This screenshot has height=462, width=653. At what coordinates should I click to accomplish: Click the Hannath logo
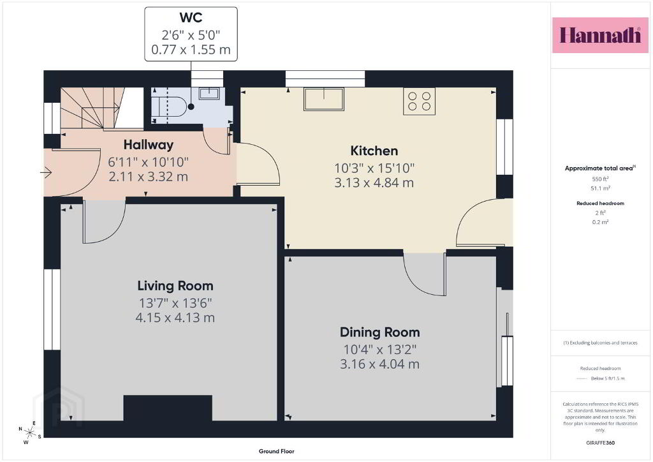click(600, 35)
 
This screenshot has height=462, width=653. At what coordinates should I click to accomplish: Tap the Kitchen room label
click(374, 151)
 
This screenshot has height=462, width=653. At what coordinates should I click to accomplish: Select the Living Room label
click(175, 286)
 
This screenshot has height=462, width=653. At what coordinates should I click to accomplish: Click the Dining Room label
click(380, 332)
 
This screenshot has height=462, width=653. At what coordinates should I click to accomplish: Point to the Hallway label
click(148, 145)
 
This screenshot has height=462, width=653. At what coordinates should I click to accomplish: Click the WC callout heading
click(191, 17)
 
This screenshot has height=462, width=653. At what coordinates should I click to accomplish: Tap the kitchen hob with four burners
click(419, 101)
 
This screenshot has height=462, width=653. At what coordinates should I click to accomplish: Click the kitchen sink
click(324, 99)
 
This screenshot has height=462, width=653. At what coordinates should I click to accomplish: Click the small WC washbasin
click(209, 93)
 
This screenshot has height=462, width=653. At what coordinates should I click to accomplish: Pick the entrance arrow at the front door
click(45, 172)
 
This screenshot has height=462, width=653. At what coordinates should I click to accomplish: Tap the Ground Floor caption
click(277, 451)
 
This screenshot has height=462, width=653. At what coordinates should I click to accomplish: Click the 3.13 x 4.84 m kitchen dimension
click(374, 183)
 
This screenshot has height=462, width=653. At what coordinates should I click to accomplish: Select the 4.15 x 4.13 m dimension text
click(175, 318)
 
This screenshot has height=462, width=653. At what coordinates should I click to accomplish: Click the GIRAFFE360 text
click(600, 443)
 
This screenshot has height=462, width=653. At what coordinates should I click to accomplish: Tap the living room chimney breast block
click(168, 408)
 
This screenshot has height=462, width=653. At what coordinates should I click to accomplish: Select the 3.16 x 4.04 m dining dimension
click(380, 364)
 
